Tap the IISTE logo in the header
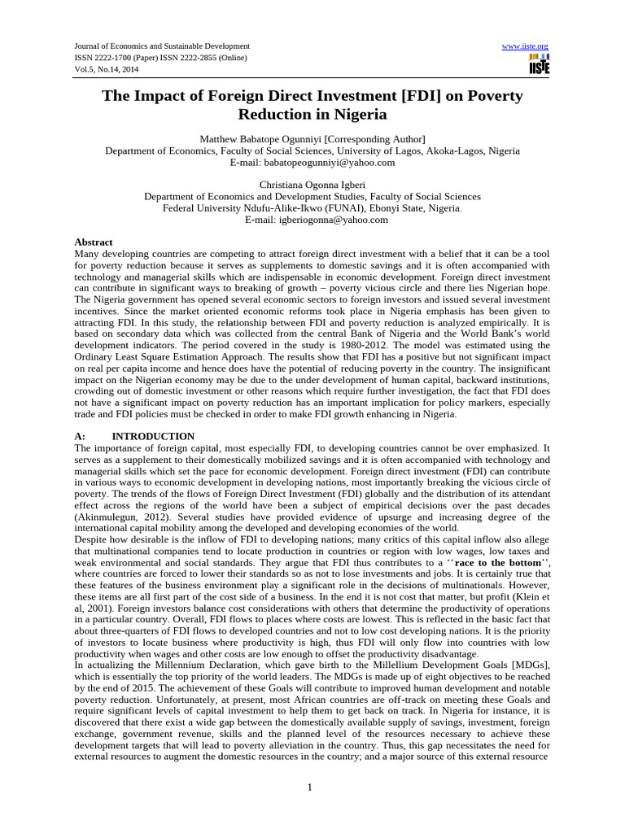[539, 65]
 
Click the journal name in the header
[162, 46]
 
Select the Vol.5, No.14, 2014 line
[109, 69]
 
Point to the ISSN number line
[160, 58]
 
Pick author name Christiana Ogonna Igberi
[312, 185]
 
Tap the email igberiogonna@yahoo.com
[321, 219]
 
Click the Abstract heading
[94, 242]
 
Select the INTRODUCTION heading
[153, 436]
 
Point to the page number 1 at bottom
[311, 787]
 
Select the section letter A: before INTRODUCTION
[81, 436]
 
